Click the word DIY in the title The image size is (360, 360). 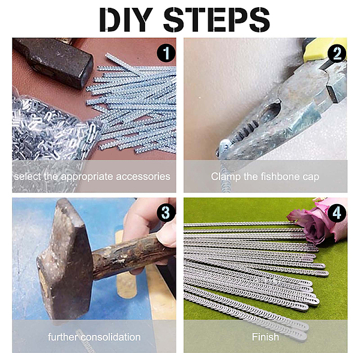[x=126, y=20]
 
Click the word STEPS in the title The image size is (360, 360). [x=217, y=20]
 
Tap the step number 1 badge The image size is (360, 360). [x=166, y=53]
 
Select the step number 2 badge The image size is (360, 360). [x=337, y=53]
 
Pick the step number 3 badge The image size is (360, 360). [x=166, y=213]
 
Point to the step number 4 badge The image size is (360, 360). [x=337, y=213]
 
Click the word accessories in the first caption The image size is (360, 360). [x=143, y=176]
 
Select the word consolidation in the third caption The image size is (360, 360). [x=110, y=337]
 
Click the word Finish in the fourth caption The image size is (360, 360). [x=265, y=337]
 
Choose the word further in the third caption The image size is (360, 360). [x=63, y=337]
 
